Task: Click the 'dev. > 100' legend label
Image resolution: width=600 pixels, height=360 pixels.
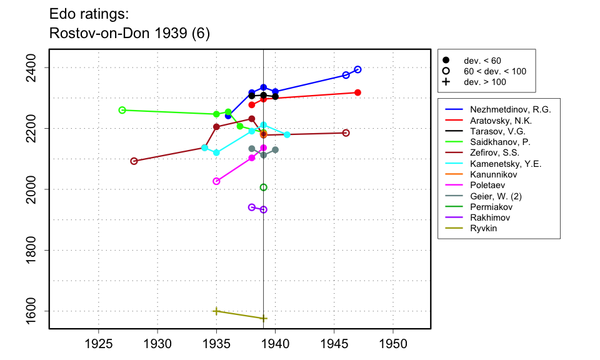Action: click(485, 82)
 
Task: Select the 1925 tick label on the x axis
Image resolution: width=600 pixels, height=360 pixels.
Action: click(99, 344)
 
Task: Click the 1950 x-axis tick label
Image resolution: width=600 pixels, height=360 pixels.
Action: click(393, 344)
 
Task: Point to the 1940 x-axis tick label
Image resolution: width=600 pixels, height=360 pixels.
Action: click(275, 344)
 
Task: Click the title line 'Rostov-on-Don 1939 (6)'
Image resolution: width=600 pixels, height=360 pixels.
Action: click(129, 34)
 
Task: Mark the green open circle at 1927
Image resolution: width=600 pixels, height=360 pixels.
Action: click(122, 110)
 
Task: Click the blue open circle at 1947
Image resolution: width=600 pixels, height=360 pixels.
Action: click(357, 69)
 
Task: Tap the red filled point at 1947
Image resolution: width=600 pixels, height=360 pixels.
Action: click(357, 92)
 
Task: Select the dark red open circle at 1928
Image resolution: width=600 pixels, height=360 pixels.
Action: click(134, 161)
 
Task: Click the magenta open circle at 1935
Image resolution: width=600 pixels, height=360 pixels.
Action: click(216, 181)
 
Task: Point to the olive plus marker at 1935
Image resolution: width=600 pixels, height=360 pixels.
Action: click(216, 311)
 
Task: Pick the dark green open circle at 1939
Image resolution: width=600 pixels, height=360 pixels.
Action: click(264, 187)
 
